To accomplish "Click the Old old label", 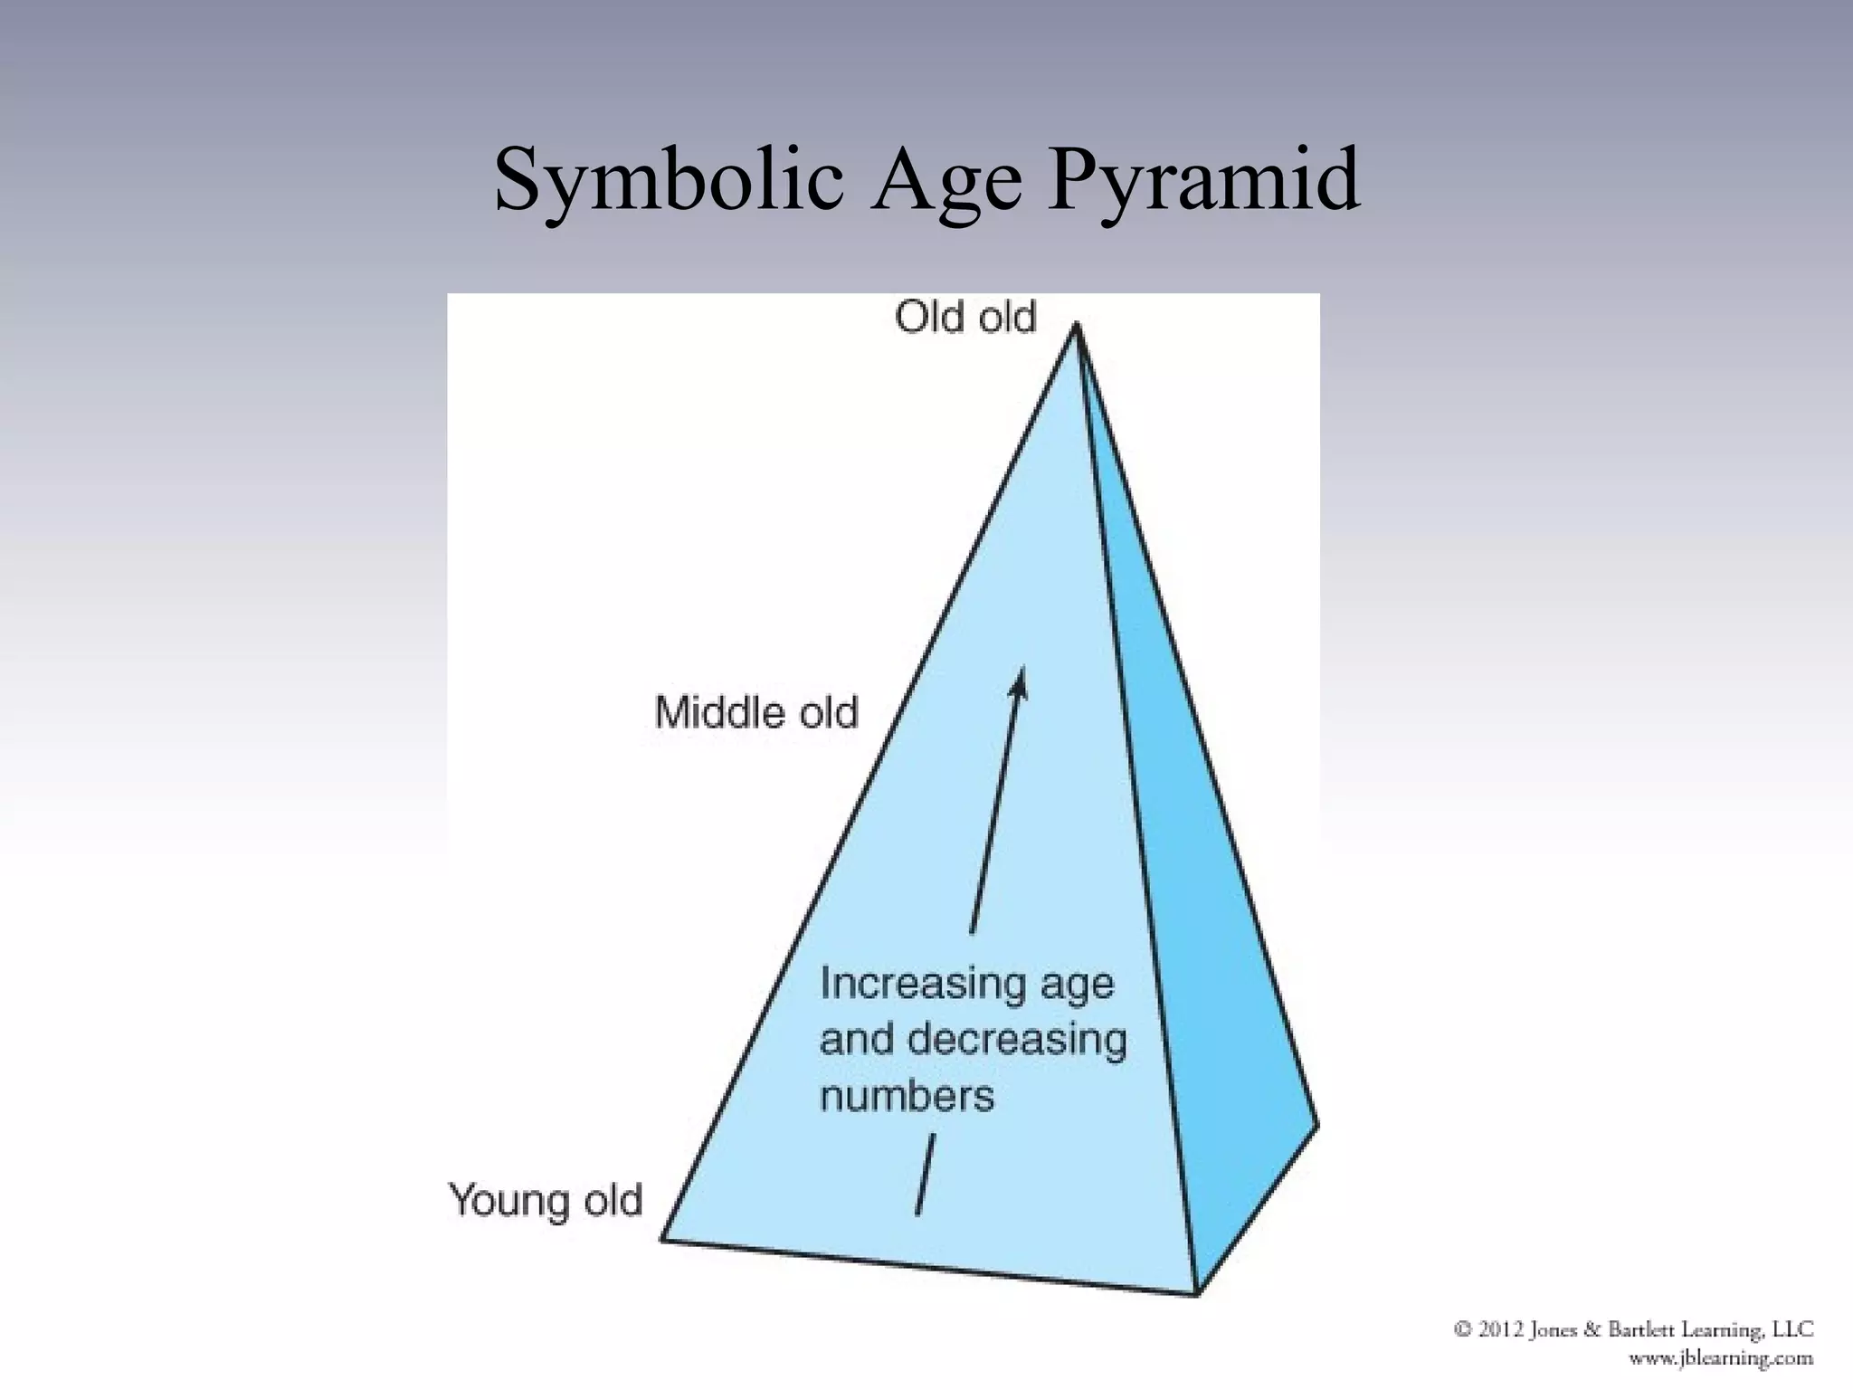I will point(965,318).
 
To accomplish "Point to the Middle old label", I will point(756,713).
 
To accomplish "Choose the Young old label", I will point(546,1201).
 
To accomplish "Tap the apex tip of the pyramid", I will point(1076,325).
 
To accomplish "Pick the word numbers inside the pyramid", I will point(907,1096).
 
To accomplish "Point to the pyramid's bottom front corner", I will point(1197,1293).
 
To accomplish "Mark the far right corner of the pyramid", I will point(1316,1125).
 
